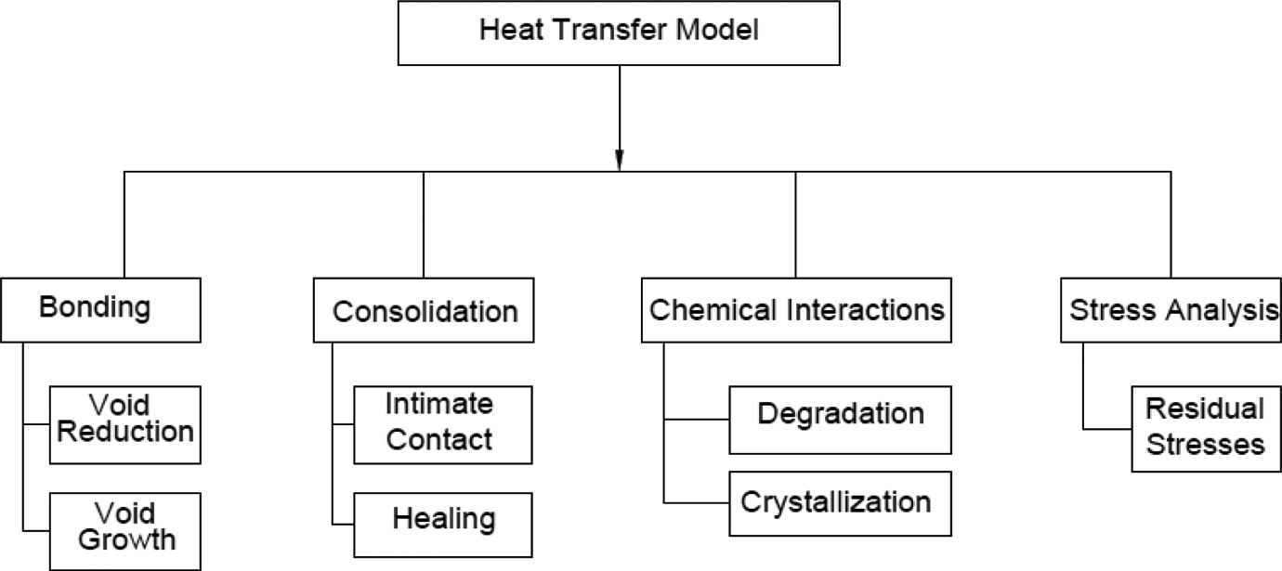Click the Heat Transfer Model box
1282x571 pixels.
pos(619,33)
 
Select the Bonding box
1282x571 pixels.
pos(100,310)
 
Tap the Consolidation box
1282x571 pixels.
pos(424,310)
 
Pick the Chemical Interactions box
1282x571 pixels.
pos(796,310)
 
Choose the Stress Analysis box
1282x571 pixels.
pos(1171,310)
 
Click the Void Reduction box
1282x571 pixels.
pos(125,424)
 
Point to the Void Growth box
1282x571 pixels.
pos(125,531)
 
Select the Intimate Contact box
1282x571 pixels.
pos(443,424)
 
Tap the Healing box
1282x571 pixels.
pos(443,525)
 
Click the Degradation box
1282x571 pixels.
pos(840,420)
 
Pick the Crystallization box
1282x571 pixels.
pos(840,503)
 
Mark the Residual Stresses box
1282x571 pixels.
pos(1207,429)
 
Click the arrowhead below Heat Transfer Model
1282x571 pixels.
pos(620,161)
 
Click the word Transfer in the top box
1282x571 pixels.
pos(610,30)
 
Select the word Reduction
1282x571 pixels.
pos(125,432)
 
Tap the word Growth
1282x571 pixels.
pos(127,539)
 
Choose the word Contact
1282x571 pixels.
pos(439,439)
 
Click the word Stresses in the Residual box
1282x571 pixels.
pos(1205,445)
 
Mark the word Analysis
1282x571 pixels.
pos(1222,311)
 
